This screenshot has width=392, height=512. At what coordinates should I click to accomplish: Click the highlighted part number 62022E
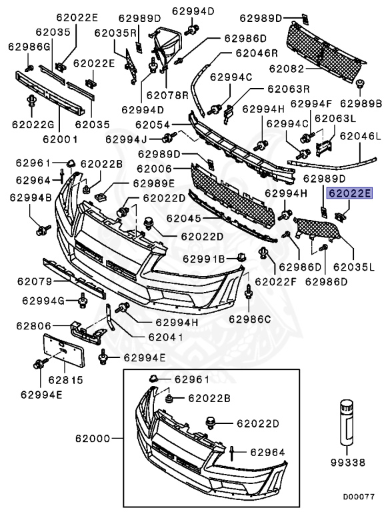click(349, 195)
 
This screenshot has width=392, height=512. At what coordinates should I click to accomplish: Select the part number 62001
click(60, 139)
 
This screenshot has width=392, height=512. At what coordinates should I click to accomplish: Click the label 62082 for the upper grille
click(285, 69)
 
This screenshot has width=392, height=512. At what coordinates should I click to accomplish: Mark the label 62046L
click(359, 136)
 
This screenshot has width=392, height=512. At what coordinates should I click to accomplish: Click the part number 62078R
click(167, 95)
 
